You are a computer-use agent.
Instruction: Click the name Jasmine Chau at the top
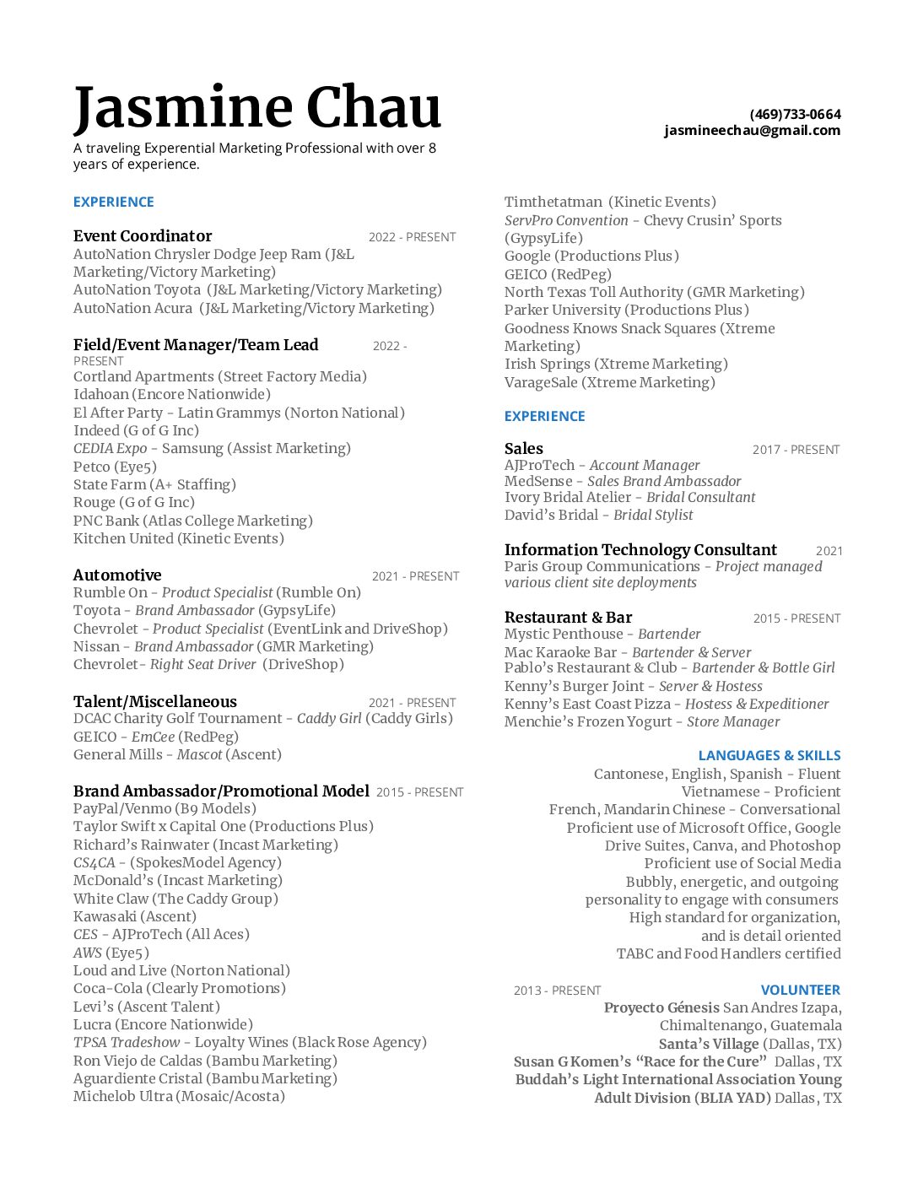(257, 108)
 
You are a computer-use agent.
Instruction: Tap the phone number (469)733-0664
(795, 114)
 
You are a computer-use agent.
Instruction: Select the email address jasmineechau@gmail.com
(752, 130)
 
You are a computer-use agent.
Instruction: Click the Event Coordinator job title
(143, 236)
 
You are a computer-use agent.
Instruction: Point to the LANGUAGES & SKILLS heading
(769, 755)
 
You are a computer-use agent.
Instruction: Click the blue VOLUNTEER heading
(800, 990)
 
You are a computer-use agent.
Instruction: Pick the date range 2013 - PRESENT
(557, 991)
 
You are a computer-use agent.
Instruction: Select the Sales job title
(524, 449)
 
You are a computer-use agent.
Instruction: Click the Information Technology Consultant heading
(640, 550)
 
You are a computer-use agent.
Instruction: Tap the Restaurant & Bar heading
(568, 618)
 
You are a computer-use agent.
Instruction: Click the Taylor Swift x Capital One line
(223, 827)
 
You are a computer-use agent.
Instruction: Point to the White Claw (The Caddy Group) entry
(175, 899)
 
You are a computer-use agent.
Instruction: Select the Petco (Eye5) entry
(115, 467)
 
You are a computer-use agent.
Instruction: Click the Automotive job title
(117, 575)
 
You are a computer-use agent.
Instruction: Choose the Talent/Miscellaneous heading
(155, 702)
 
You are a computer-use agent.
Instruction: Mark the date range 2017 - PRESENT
(796, 450)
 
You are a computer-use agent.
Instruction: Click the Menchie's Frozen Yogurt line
(641, 721)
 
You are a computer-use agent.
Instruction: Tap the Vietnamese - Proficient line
(760, 791)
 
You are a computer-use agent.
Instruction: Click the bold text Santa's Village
(709, 1044)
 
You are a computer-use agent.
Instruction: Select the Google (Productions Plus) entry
(591, 256)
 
